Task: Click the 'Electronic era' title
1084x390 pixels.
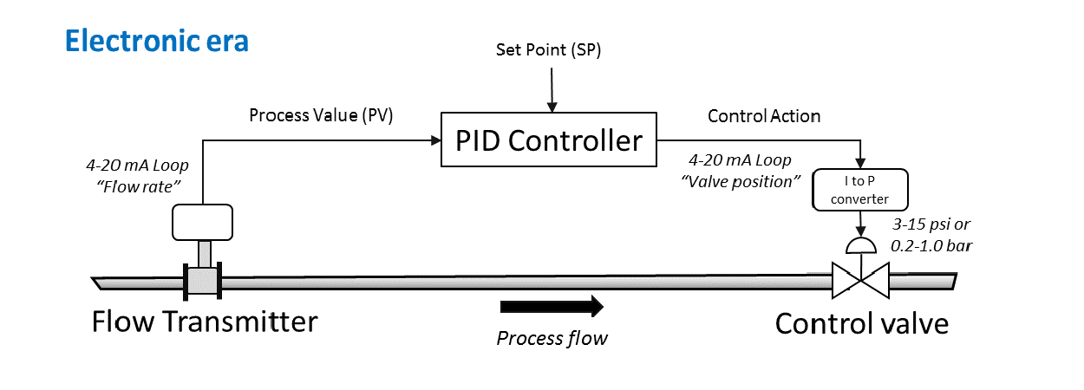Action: [157, 41]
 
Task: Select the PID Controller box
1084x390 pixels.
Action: [549, 140]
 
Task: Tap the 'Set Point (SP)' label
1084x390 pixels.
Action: [548, 50]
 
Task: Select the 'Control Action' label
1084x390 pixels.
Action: [764, 115]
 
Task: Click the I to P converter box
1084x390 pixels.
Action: [860, 191]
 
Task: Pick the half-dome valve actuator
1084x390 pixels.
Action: [859, 246]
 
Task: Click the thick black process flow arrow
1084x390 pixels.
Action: [552, 305]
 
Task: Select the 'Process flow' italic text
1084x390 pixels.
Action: [552, 337]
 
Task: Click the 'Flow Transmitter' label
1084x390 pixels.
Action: [205, 322]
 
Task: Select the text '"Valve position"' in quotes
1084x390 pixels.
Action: [737, 182]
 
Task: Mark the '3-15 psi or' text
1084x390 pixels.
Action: [931, 224]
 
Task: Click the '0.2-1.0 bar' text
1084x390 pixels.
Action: [932, 245]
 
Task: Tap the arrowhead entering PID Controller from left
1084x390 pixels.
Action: [435, 140]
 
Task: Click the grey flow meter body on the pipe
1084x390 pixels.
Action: [203, 280]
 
